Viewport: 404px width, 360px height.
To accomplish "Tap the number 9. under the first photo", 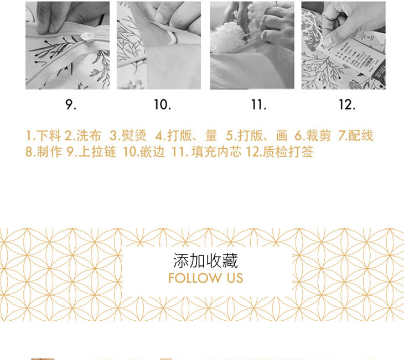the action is [71, 105].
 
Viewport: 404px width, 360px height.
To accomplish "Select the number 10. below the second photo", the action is [162, 105].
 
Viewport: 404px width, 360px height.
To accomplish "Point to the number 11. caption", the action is [258, 105].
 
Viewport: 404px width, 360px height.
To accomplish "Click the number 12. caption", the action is [347, 105].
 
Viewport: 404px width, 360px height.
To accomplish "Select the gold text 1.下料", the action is [43, 135].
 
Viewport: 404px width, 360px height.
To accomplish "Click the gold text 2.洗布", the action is [82, 135].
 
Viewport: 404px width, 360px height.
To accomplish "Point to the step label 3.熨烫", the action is [128, 135].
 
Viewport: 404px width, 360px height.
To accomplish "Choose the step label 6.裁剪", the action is [313, 135].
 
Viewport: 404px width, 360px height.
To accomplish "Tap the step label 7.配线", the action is [356, 135].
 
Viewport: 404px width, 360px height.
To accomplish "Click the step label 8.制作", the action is [44, 152].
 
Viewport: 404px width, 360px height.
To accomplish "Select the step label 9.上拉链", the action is [91, 152].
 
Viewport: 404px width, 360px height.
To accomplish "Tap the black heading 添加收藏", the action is [205, 260].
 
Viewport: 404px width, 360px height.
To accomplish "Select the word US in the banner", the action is [235, 278].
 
